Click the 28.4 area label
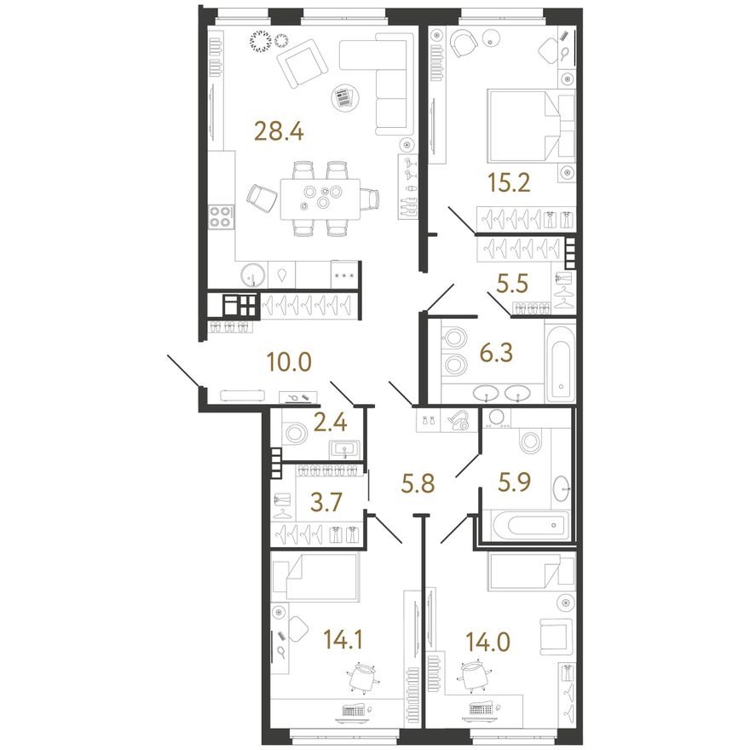(x=279, y=130)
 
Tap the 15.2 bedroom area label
(x=509, y=182)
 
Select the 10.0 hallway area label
(x=289, y=362)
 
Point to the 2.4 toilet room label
(x=330, y=423)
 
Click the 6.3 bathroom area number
(x=497, y=353)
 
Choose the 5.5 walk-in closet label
(x=512, y=283)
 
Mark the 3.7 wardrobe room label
(x=326, y=502)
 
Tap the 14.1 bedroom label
(x=343, y=639)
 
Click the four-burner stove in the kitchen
(x=222, y=216)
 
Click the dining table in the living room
(x=320, y=199)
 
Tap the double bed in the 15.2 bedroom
(x=530, y=125)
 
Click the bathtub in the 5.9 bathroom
(x=527, y=525)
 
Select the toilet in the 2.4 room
(x=294, y=433)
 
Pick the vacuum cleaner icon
(x=460, y=420)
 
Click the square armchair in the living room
(x=303, y=64)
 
